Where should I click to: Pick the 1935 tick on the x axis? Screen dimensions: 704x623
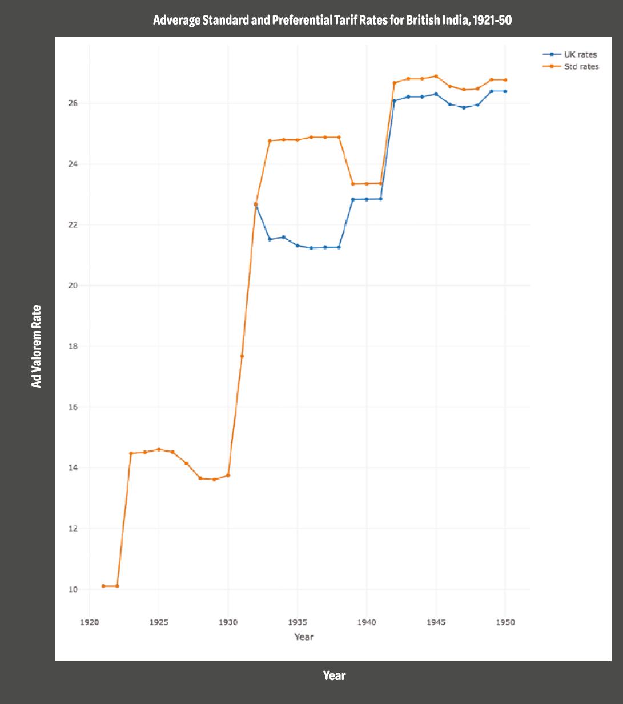pyautogui.click(x=297, y=622)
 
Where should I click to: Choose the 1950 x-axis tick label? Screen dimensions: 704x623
pyautogui.click(x=505, y=622)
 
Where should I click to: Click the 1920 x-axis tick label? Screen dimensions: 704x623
pyautogui.click(x=89, y=622)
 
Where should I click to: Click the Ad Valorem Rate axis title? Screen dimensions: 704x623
pyautogui.click(x=37, y=347)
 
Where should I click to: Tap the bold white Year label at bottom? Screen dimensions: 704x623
pyautogui.click(x=334, y=676)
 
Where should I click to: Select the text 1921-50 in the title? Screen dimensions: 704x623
pyautogui.click(x=492, y=21)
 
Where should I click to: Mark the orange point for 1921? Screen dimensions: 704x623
pyautogui.click(x=103, y=586)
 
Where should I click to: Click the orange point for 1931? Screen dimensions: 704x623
pyautogui.click(x=242, y=356)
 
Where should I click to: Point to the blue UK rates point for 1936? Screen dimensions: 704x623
pyautogui.click(x=311, y=248)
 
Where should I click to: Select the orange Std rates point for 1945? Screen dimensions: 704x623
pyautogui.click(x=436, y=76)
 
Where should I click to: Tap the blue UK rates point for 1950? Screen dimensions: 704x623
pyautogui.click(x=505, y=91)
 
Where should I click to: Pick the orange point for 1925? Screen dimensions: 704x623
pyautogui.click(x=159, y=449)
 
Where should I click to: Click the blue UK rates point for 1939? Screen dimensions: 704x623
pyautogui.click(x=353, y=199)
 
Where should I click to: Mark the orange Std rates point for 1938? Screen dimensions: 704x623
pyautogui.click(x=339, y=137)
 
